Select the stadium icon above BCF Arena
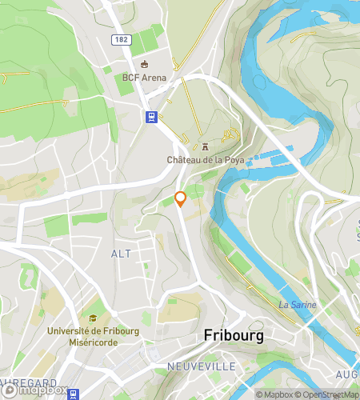[x=144, y=64]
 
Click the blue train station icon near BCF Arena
[x=150, y=117]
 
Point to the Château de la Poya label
[x=205, y=160]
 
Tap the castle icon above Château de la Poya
[x=205, y=146]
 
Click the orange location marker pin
[x=181, y=198]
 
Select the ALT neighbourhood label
[x=121, y=253]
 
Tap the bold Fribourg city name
[x=234, y=336]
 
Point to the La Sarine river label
[x=298, y=305]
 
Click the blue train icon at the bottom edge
[x=74, y=394]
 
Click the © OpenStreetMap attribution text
[x=328, y=394]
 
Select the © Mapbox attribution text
[x=274, y=394]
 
